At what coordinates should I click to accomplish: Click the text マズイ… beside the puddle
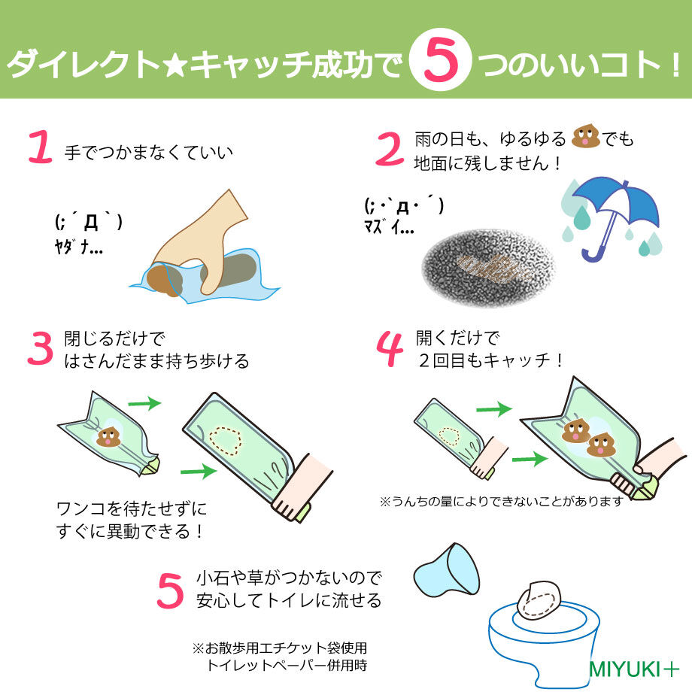point(388,226)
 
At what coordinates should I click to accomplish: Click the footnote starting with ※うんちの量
point(502,500)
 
